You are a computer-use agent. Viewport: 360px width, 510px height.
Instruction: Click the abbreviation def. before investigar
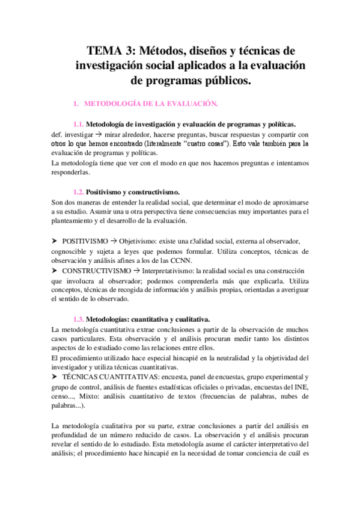[x=59, y=134]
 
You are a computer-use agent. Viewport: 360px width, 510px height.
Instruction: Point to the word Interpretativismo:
[x=175, y=271]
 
